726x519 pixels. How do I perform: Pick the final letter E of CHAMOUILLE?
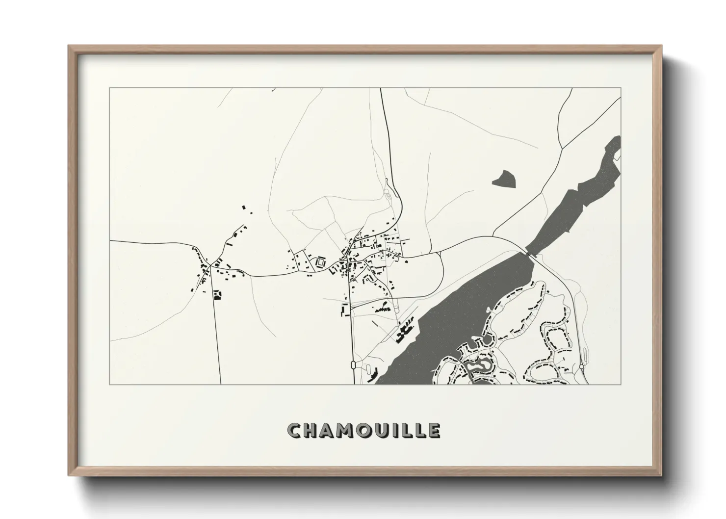coord(434,431)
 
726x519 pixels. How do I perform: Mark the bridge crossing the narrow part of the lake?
coord(530,253)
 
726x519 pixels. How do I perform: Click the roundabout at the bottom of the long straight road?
coord(353,364)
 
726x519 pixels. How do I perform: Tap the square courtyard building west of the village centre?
coord(321,262)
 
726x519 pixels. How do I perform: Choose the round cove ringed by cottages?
coord(487,339)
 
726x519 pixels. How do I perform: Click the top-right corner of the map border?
coord(621,88)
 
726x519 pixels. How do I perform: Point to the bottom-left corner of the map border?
coord(110,384)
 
